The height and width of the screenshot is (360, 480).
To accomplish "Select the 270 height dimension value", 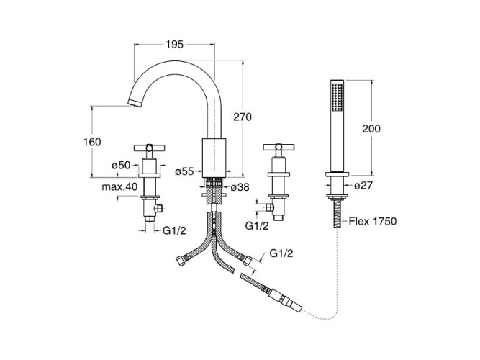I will (x=243, y=117).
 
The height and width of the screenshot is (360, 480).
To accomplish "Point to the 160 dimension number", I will (x=91, y=141).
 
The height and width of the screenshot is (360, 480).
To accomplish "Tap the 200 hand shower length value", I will (x=371, y=128).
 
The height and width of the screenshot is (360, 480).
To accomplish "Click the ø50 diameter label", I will (x=120, y=166).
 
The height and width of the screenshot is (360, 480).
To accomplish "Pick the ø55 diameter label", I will (x=185, y=171).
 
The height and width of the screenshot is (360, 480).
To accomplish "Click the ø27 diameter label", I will (x=362, y=186).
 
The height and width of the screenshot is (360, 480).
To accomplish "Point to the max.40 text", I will (x=120, y=186).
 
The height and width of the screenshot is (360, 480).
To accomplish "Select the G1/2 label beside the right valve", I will (x=258, y=225).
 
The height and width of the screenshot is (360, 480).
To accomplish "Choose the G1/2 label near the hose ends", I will (x=281, y=253).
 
